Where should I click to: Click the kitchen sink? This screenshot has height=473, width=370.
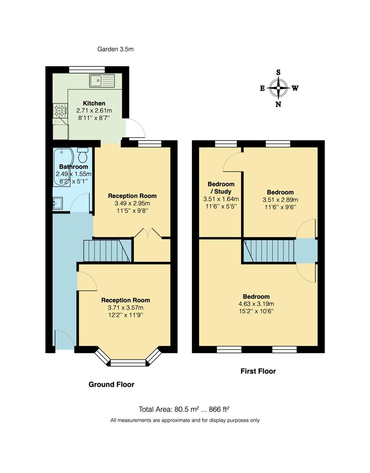tap(102, 81)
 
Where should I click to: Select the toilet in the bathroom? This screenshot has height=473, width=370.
tap(82, 155)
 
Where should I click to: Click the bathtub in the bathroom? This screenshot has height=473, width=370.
tap(62, 167)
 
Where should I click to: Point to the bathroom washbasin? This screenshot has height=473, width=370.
tap(57, 203)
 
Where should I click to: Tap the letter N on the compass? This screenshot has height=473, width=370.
tap(278, 104)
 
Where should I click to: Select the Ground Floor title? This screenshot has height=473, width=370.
tap(111, 385)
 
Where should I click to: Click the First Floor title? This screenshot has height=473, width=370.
tap(258, 371)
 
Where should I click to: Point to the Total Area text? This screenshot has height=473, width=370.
tap(184, 409)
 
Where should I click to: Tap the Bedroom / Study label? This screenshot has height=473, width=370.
tap(221, 188)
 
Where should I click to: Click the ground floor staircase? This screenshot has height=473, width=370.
tap(108, 251)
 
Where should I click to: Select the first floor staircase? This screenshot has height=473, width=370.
tap(267, 251)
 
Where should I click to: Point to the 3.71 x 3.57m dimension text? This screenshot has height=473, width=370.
tap(125, 307)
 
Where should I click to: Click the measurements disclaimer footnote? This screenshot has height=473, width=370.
tap(185, 420)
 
